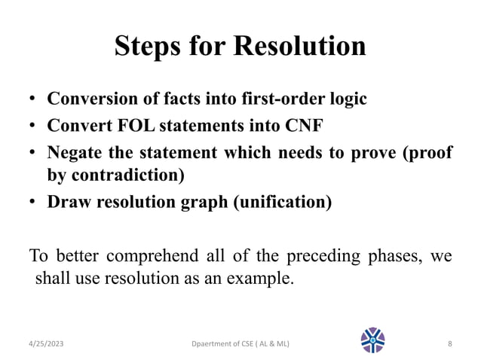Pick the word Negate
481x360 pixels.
(75, 151)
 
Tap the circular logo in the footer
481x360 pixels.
(372, 341)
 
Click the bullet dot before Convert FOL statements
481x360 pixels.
(34, 126)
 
